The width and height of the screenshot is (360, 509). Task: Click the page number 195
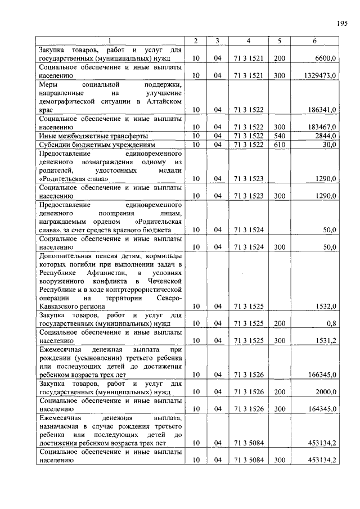pos(343,23)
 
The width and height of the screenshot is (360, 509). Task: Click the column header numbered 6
pos(314,40)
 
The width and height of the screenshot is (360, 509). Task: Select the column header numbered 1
pos(110,40)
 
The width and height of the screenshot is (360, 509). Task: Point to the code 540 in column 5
pos(279,136)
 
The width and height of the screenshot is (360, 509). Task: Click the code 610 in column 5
pos(279,145)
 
